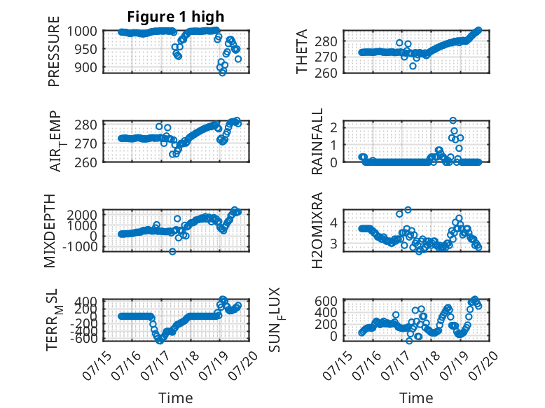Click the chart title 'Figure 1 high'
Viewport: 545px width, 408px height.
point(176,17)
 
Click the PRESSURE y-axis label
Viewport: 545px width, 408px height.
point(54,51)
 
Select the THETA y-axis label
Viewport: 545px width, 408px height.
point(302,51)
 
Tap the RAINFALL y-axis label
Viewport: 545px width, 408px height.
point(317,141)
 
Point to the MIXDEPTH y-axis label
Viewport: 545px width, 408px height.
point(50,231)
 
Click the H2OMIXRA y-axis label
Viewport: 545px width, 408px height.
point(317,230)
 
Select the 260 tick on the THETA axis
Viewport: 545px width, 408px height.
point(326,73)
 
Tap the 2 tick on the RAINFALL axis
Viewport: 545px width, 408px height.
point(333,127)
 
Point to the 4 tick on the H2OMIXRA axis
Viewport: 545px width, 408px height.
point(333,223)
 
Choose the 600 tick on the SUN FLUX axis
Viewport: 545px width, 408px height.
point(326,301)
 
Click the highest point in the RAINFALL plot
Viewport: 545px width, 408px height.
point(453,120)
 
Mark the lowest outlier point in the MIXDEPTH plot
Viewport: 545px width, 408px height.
point(172,251)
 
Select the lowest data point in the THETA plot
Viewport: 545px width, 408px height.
point(413,66)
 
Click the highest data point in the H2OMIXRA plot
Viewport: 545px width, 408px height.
point(408,210)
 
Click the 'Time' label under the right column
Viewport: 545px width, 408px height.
point(416,398)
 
